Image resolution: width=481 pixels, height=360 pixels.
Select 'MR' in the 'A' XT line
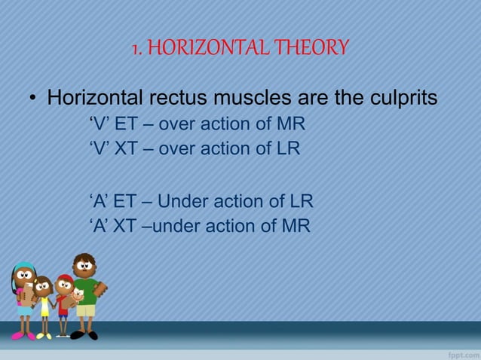295,226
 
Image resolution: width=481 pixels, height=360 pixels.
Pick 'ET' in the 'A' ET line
124,202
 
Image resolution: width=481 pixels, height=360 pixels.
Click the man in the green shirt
85,290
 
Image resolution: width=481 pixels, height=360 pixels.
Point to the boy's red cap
65,279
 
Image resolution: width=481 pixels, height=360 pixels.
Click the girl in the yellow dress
44,301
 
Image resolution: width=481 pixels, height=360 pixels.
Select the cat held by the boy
76,296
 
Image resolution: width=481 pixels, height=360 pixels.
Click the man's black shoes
84,335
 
